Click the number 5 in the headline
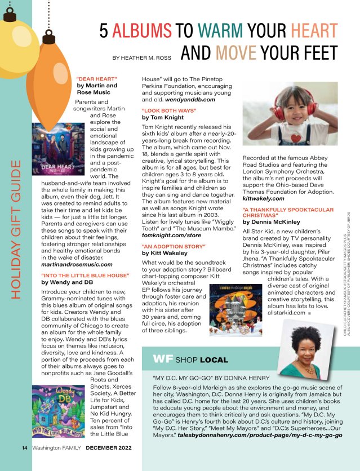pyautogui.click(x=104, y=30)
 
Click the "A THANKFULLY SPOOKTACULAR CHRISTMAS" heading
pyautogui.click(x=278, y=212)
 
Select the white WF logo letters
pyautogui.click(x=162, y=359)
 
